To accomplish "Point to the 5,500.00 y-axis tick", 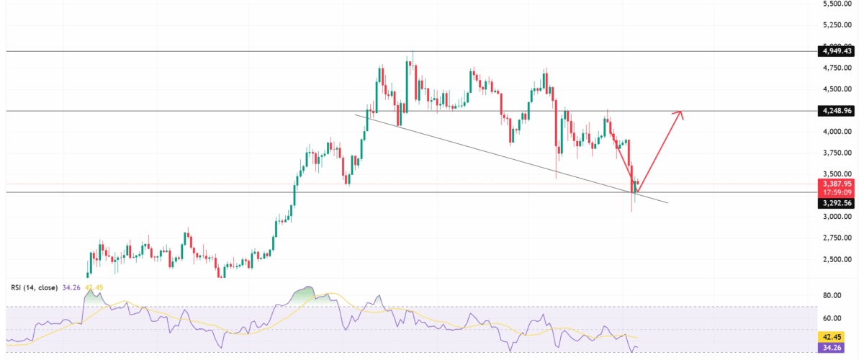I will pos(839,4).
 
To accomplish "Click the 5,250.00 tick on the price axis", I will pos(839,25).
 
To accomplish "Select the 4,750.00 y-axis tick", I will pos(839,68).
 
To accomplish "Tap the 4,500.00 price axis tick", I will pos(839,90).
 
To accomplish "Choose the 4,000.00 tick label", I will pos(839,132).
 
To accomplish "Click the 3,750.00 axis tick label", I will pos(839,153).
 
